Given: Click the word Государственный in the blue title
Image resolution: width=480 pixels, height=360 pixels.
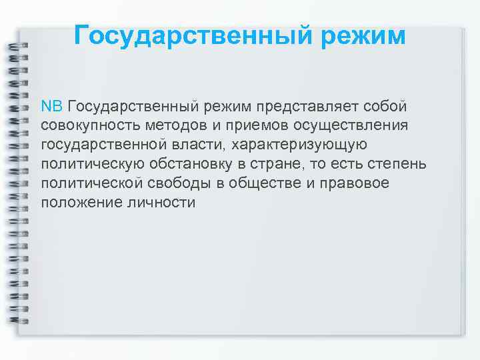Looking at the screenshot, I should [x=195, y=35].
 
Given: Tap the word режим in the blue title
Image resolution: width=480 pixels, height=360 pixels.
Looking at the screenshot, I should [x=364, y=35].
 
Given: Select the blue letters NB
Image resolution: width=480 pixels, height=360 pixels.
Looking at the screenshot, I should [x=51, y=107].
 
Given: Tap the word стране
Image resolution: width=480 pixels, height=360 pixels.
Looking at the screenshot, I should [x=300, y=164].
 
